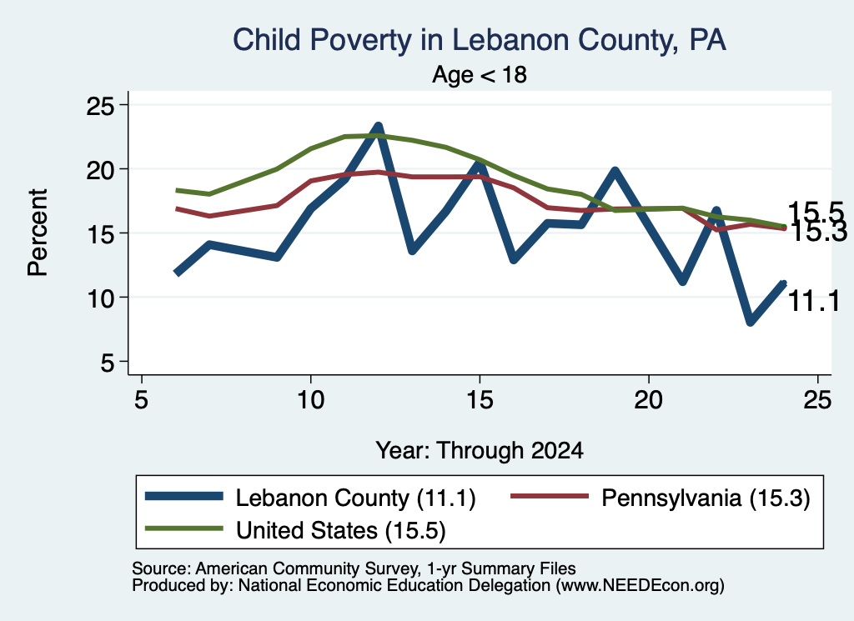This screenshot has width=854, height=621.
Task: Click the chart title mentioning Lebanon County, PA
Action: [x=480, y=40]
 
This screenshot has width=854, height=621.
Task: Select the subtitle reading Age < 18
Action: [x=480, y=74]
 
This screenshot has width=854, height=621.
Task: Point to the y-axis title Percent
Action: [x=38, y=233]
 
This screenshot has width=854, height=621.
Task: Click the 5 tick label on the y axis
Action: [x=108, y=362]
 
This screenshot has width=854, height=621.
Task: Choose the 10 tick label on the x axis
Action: [x=310, y=401]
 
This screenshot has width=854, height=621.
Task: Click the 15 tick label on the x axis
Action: [x=480, y=401]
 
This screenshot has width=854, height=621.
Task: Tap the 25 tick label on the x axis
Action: [x=818, y=401]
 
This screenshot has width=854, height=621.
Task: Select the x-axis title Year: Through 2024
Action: [x=480, y=451]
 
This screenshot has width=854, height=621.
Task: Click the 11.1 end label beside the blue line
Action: [x=814, y=301]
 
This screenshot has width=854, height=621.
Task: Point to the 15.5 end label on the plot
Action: [x=816, y=212]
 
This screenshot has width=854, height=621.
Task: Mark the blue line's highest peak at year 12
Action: [x=378, y=127]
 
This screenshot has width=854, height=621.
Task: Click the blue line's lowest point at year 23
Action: [x=751, y=322]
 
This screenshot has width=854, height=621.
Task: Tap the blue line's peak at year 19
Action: [x=615, y=171]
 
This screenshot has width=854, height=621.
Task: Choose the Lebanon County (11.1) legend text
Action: [x=355, y=498]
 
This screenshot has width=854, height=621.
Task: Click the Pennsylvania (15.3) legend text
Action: [x=706, y=498]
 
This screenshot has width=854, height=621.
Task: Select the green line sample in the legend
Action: [x=184, y=528]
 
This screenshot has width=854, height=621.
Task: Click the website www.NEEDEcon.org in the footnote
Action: [x=640, y=586]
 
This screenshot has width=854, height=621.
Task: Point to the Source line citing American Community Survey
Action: [x=354, y=568]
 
